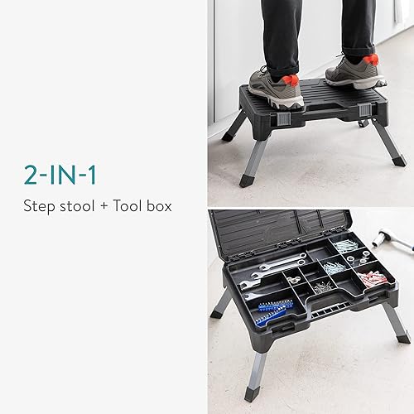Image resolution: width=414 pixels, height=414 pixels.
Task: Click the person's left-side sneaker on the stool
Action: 276,87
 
